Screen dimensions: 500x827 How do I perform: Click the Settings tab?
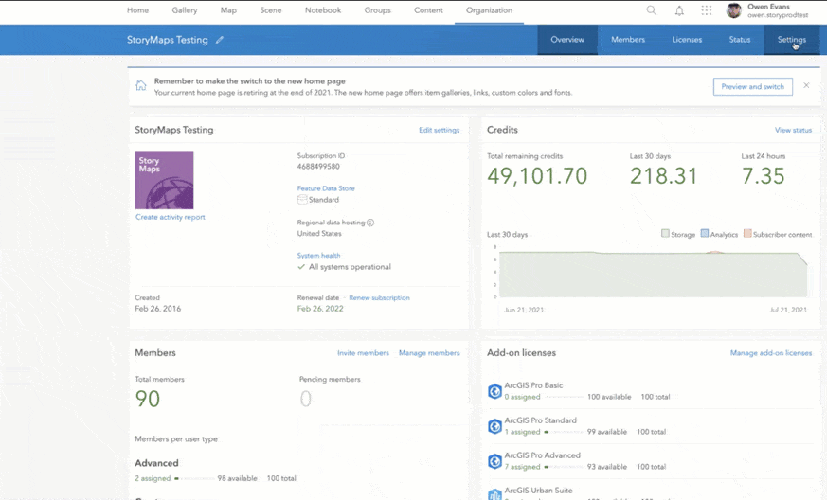click(791, 40)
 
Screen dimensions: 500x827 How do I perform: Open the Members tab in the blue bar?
click(628, 40)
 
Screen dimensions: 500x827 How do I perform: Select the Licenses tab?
click(687, 40)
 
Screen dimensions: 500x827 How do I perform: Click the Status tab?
click(740, 40)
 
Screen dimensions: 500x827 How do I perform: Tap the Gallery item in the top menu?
click(185, 10)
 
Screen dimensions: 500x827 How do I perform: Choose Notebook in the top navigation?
click(323, 10)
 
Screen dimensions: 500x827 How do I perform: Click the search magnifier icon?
click(652, 10)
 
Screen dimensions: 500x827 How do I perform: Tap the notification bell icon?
click(679, 10)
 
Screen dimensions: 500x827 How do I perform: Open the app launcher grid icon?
click(707, 10)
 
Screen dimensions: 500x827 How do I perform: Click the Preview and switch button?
click(752, 86)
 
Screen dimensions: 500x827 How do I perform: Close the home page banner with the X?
click(806, 85)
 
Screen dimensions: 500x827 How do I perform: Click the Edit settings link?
click(439, 130)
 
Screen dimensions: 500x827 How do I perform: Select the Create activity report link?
click(171, 217)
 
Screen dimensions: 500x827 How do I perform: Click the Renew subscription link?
click(379, 297)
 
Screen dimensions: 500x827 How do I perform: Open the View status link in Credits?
click(793, 130)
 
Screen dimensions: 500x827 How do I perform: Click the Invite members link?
click(363, 353)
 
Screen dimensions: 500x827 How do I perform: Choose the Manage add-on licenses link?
click(770, 353)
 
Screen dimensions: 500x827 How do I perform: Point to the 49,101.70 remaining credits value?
click(537, 176)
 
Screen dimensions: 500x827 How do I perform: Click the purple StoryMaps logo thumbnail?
click(164, 180)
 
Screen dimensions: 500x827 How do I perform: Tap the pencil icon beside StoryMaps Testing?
click(220, 40)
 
